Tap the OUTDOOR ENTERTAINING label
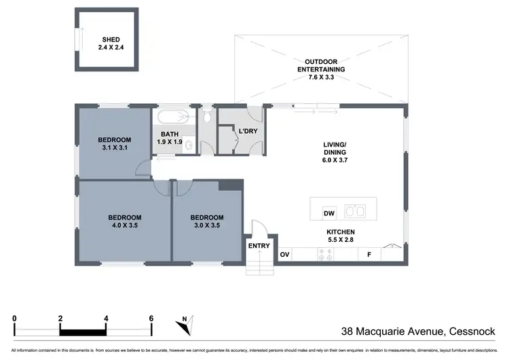321,65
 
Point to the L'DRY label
244,130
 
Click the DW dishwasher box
329,213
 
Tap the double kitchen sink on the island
355,211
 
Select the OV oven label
285,255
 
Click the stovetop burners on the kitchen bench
325,255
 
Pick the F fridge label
370,255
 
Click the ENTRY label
259,246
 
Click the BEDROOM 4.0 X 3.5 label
125,221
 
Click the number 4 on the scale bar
106,318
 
